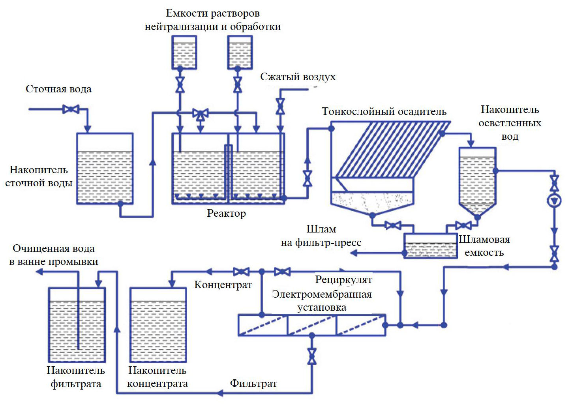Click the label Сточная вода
pyautogui.click(x=58, y=89)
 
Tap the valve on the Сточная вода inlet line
pyautogui.click(x=71, y=109)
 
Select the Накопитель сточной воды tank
pyautogui.click(x=105, y=169)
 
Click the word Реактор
pyautogui.click(x=226, y=214)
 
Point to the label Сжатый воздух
pyautogui.click(x=298, y=77)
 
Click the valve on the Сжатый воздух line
pyautogui.click(x=280, y=105)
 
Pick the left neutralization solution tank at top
pyautogui.click(x=184, y=52)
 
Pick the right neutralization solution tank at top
pyautogui.click(x=240, y=52)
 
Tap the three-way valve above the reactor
pyautogui.click(x=201, y=114)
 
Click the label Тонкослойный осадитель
pyautogui.click(x=384, y=111)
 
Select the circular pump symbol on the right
pyautogui.click(x=554, y=201)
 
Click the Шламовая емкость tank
pyautogui.click(x=431, y=246)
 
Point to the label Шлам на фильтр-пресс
pyautogui.click(x=321, y=236)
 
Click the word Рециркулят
pyautogui.click(x=343, y=280)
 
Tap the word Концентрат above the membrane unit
pyautogui.click(x=223, y=285)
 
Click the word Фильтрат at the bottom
pyautogui.click(x=253, y=383)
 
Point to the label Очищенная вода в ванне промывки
pyautogui.click(x=54, y=255)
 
